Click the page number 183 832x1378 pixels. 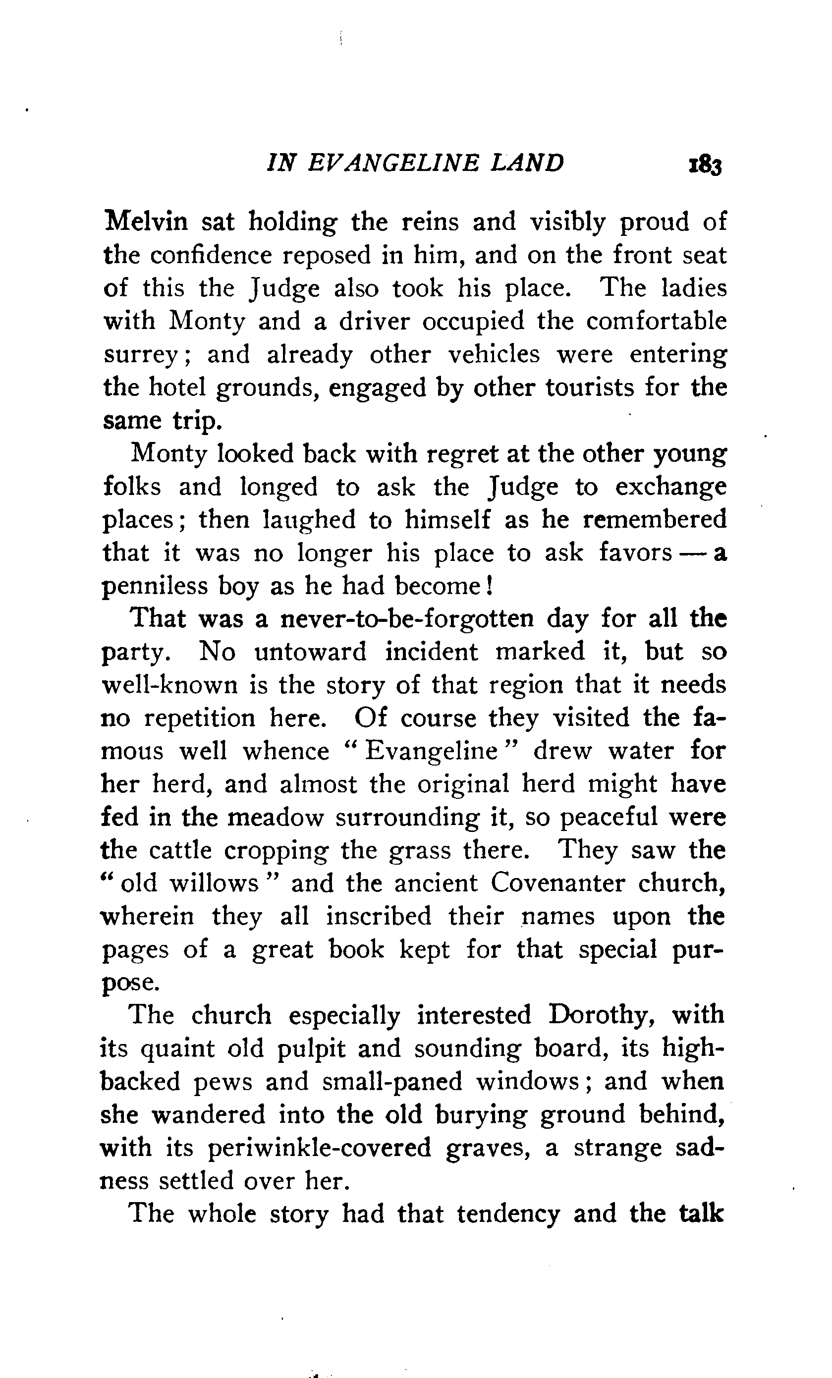706,165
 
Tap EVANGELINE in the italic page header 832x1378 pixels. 393,163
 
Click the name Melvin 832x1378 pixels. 147,221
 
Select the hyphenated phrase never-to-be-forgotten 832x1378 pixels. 406,619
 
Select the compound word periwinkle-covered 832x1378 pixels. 319,1148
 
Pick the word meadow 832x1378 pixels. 276,817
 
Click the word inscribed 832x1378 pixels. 379,916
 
